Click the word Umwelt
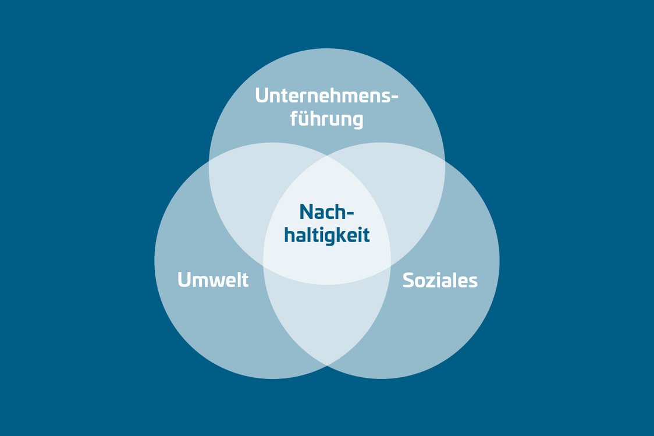(213, 279)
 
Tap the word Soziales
(440, 280)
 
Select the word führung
(326, 119)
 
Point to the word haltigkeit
(327, 235)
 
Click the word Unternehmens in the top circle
(321, 95)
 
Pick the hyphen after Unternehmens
(393, 97)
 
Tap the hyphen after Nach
(349, 214)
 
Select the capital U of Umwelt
(184, 280)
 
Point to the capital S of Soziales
(408, 281)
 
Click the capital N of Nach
(307, 212)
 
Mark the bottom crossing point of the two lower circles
(327, 365)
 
